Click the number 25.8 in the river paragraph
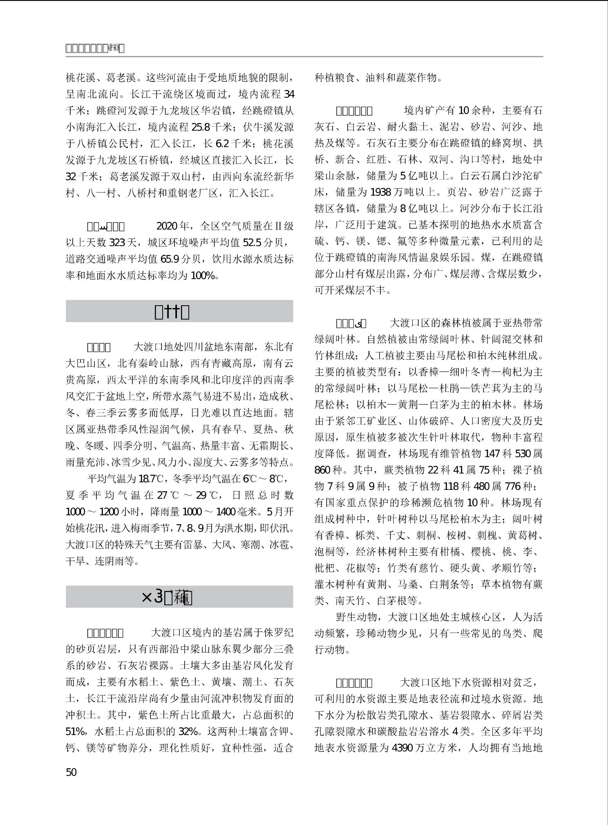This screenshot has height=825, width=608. point(201,127)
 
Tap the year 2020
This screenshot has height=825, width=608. point(168,226)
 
